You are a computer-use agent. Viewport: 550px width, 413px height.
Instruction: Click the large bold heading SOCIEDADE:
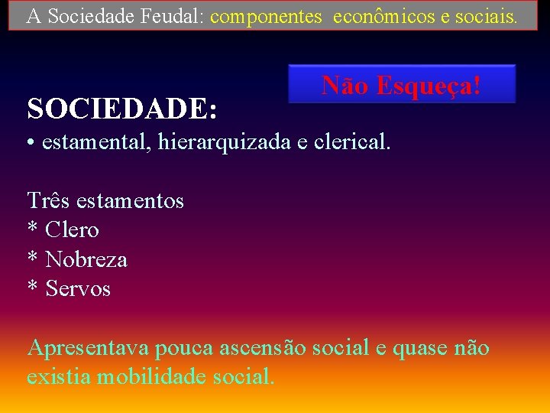point(122,109)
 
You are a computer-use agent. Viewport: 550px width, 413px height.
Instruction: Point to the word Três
point(47,200)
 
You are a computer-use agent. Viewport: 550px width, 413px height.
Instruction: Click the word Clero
point(73,229)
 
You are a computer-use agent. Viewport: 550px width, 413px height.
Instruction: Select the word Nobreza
point(86,259)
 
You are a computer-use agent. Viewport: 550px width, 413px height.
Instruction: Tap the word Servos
point(78,288)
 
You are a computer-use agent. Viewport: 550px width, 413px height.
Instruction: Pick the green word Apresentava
point(88,348)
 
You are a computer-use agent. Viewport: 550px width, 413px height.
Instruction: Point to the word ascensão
point(262,348)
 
